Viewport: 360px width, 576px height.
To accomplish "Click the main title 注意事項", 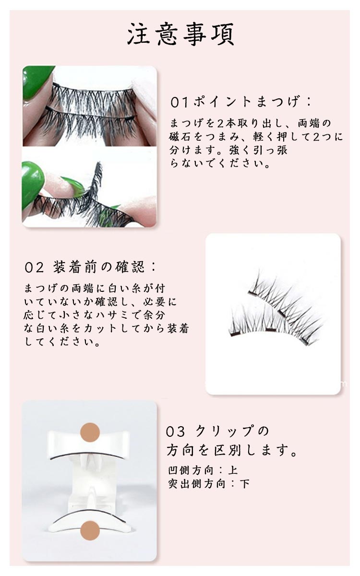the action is (x=181, y=35).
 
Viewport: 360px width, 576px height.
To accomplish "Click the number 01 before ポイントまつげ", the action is (x=180, y=102).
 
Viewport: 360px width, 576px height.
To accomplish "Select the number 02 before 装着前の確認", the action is (x=34, y=268).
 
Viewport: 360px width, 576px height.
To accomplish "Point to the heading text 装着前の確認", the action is (x=99, y=267).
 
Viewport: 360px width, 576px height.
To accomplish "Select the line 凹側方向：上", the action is (x=203, y=470).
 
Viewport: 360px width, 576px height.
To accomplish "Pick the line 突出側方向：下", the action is (x=208, y=484).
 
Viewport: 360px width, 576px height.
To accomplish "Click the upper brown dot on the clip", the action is (x=90, y=432).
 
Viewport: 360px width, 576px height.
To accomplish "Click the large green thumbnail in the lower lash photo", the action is (x=31, y=186).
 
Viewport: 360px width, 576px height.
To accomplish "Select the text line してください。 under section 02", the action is (x=62, y=342).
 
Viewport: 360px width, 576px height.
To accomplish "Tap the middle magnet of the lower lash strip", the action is (x=271, y=330).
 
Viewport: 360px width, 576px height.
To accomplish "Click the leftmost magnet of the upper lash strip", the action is (x=253, y=293).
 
